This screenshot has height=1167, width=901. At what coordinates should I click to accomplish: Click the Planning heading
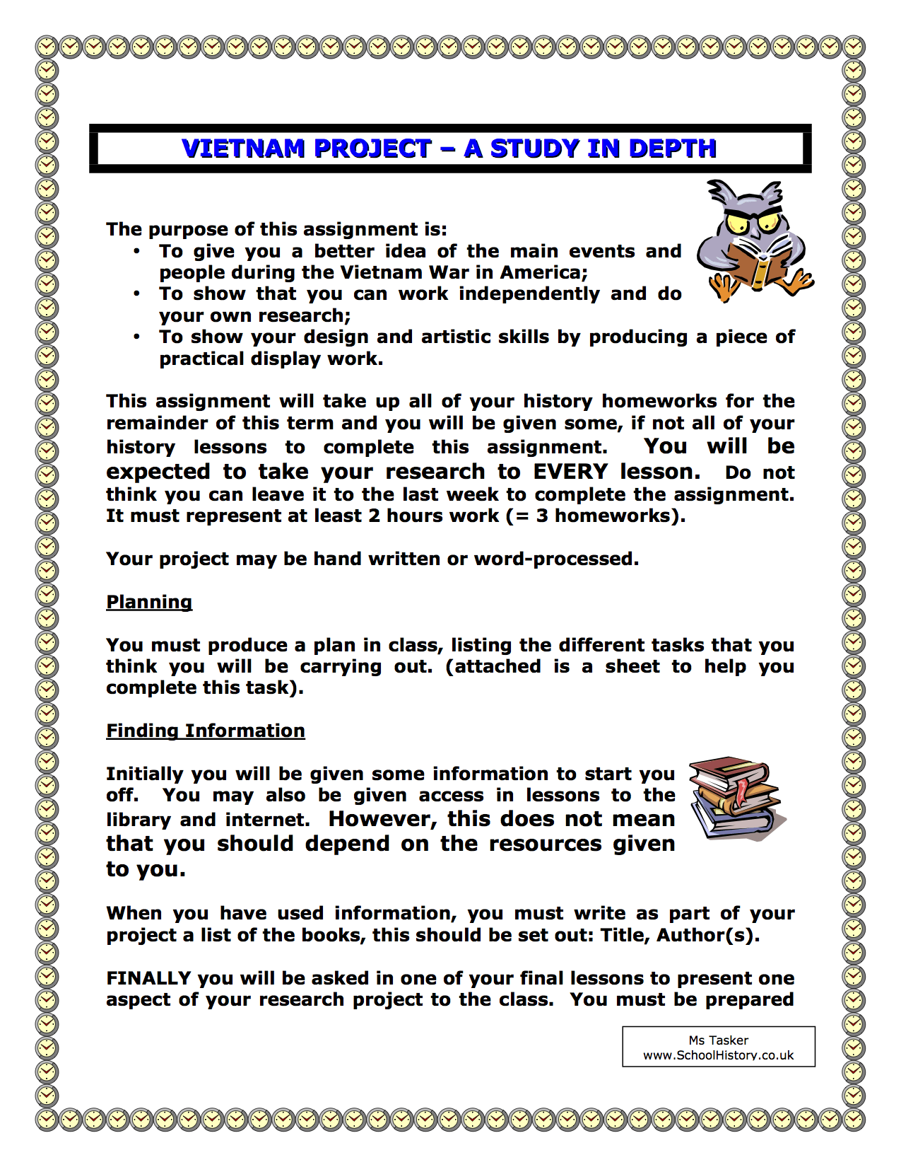[149, 602]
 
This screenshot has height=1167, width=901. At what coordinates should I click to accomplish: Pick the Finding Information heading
[206, 731]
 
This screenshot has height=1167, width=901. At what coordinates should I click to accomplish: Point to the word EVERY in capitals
[570, 472]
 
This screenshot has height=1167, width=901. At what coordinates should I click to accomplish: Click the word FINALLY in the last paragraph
[148, 978]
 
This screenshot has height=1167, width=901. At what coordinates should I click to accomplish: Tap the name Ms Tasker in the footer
[718, 1040]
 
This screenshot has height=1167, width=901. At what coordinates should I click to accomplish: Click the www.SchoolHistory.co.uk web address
[718, 1055]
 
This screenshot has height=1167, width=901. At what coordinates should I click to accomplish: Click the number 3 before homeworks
[542, 516]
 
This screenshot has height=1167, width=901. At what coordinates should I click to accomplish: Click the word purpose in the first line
[187, 229]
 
